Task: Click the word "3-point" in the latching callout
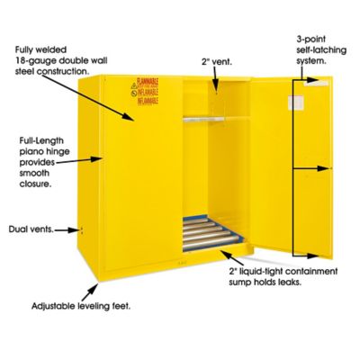tap(310, 40)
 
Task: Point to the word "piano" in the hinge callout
tap(32, 155)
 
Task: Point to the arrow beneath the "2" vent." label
tap(215, 82)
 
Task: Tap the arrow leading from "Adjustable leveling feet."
tap(91, 292)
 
